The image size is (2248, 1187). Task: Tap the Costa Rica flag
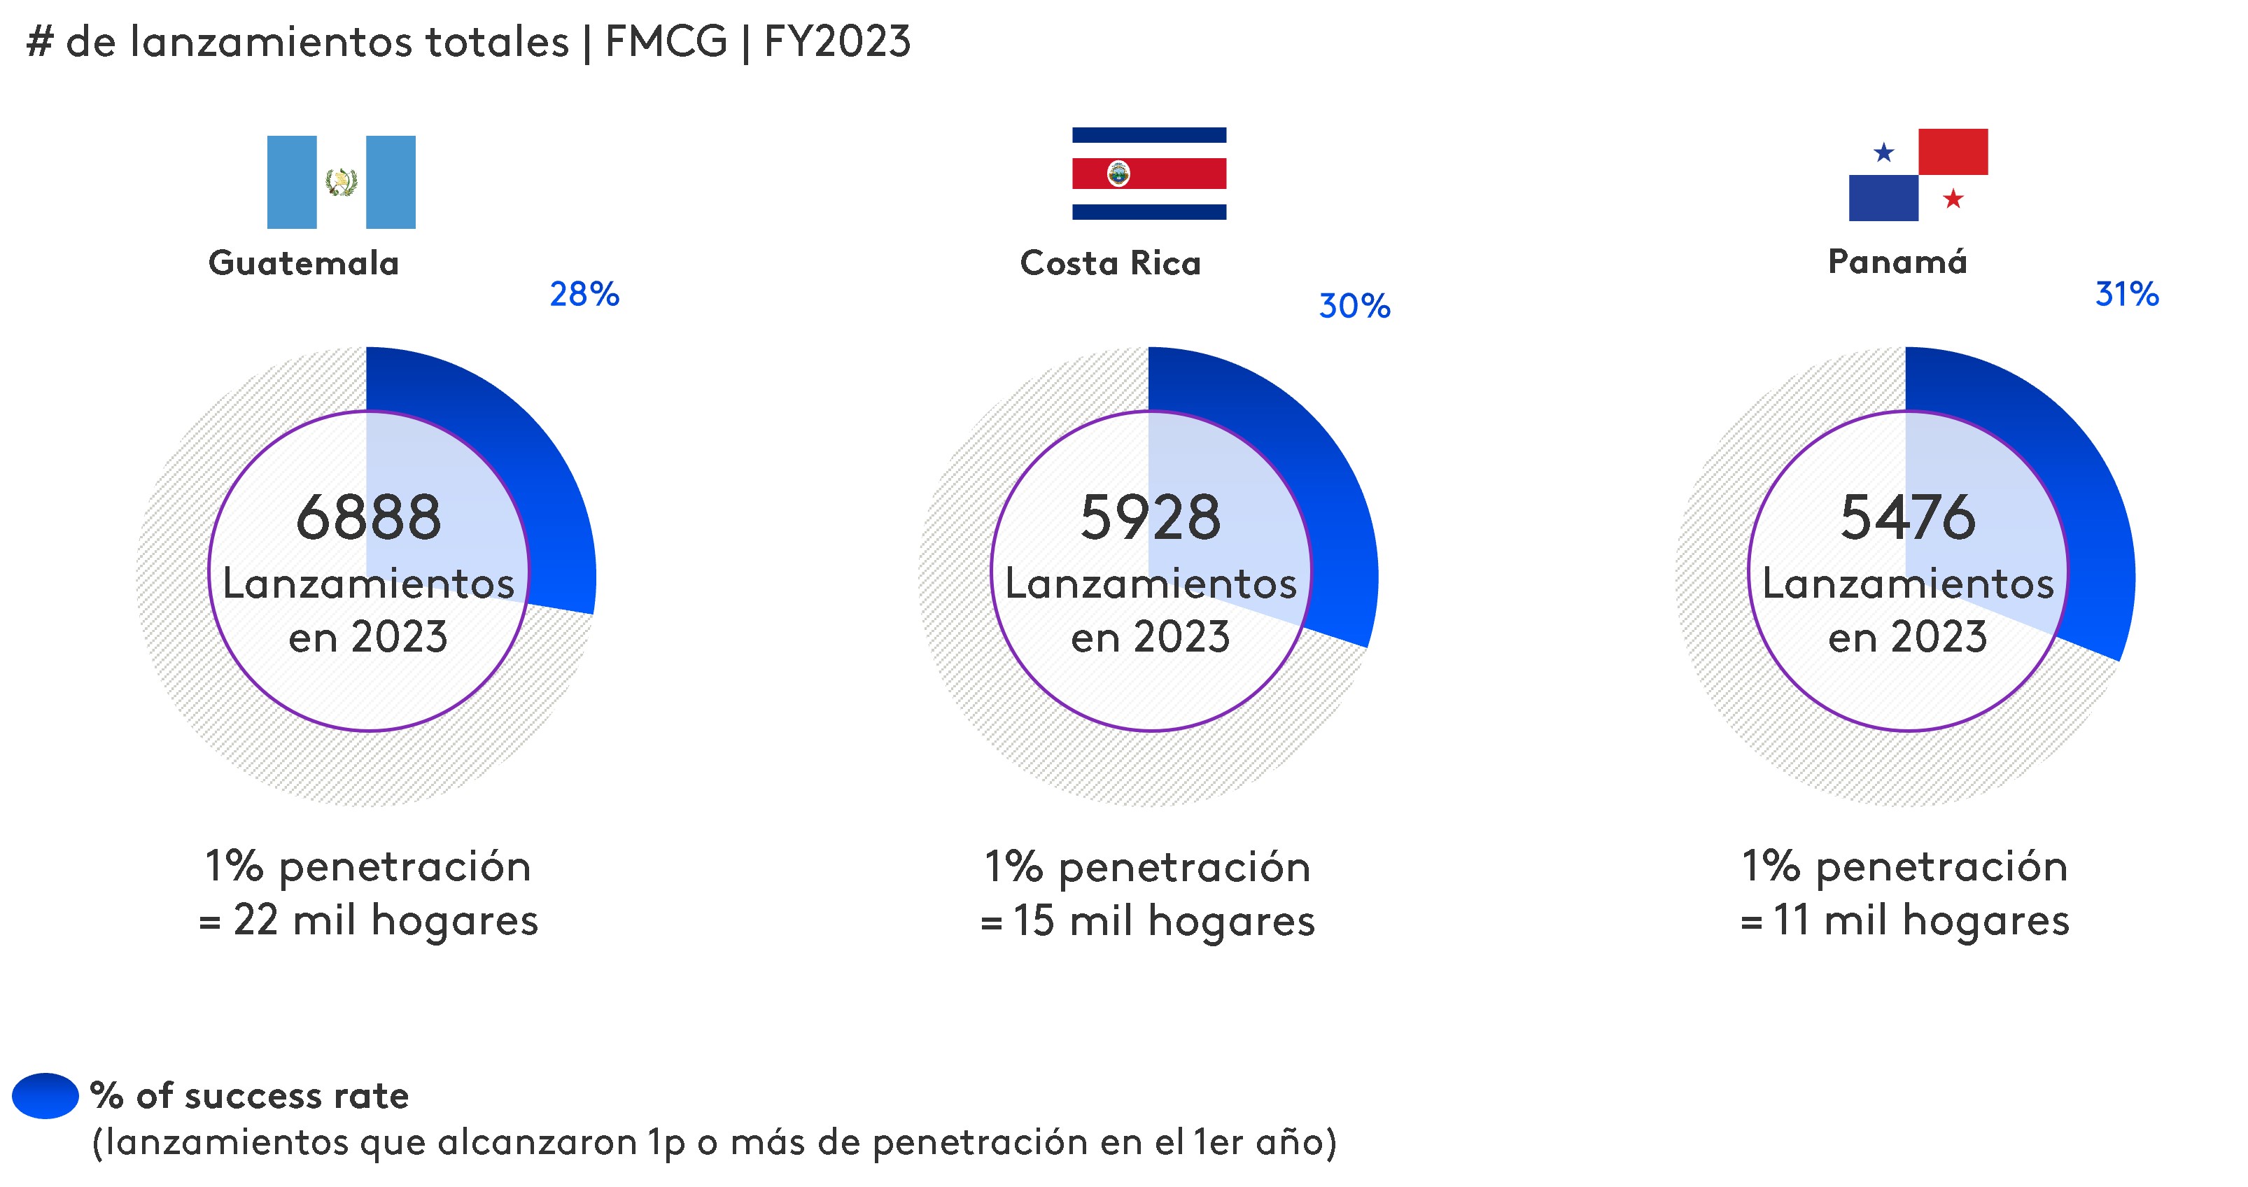point(1148,173)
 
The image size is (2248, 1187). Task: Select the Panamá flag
point(1918,174)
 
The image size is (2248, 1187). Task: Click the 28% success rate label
point(584,294)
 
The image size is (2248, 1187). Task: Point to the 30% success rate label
point(1354,305)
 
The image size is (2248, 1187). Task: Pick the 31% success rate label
point(2127,294)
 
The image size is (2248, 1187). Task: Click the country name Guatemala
point(304,262)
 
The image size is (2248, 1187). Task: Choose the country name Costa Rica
point(1110,262)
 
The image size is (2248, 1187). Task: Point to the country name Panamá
point(1897,261)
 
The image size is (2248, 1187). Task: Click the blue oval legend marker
point(45,1095)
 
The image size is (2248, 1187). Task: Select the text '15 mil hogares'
point(1163,921)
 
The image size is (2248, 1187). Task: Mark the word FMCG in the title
point(666,41)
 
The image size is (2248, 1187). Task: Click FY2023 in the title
point(837,41)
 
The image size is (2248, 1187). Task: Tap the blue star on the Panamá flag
point(1884,153)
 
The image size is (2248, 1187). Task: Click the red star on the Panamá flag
point(1953,199)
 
